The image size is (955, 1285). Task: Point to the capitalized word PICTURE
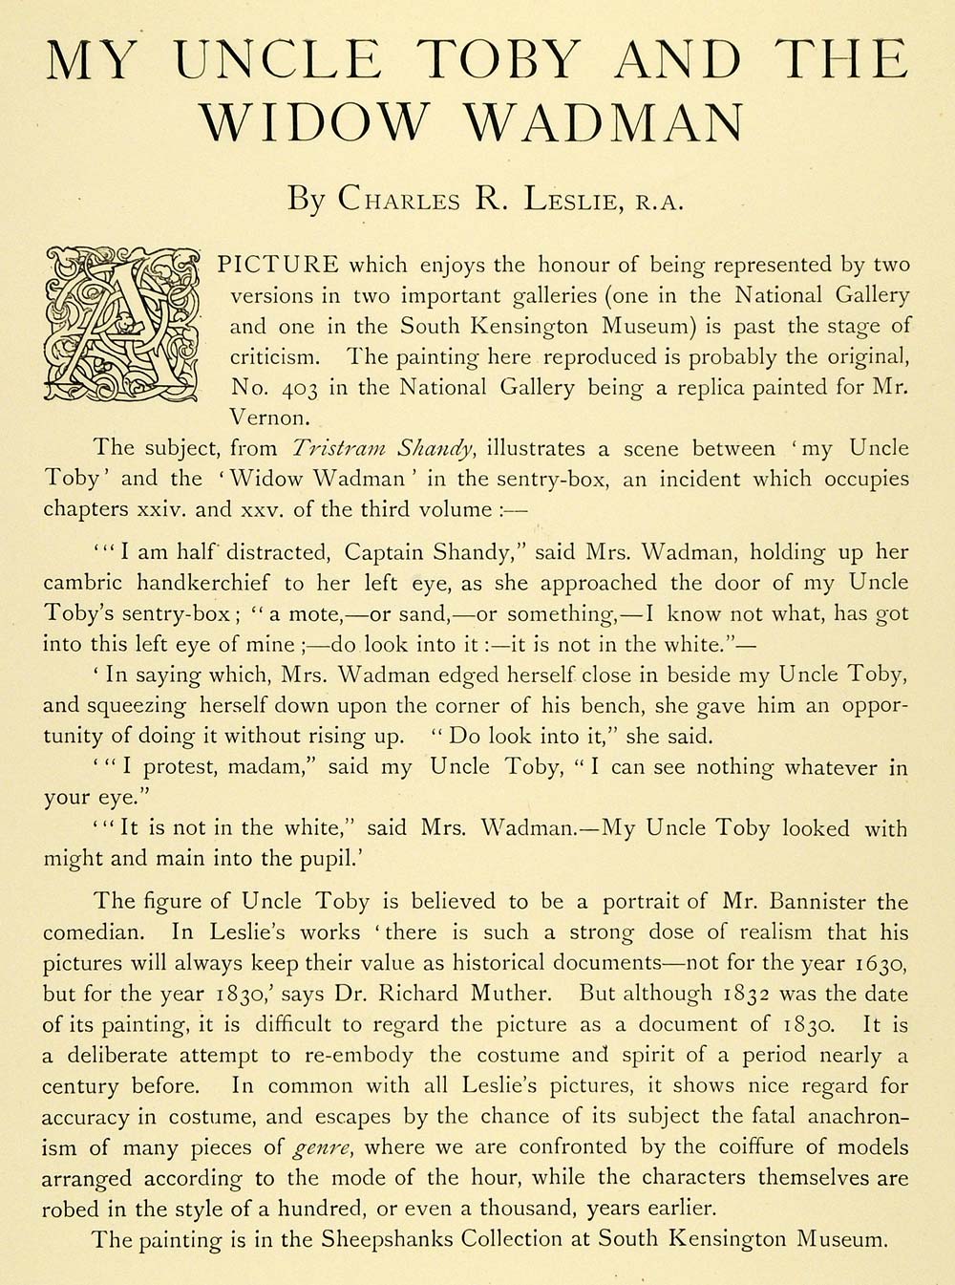click(278, 265)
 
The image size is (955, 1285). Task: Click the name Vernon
click(269, 418)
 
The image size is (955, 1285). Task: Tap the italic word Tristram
click(337, 448)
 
